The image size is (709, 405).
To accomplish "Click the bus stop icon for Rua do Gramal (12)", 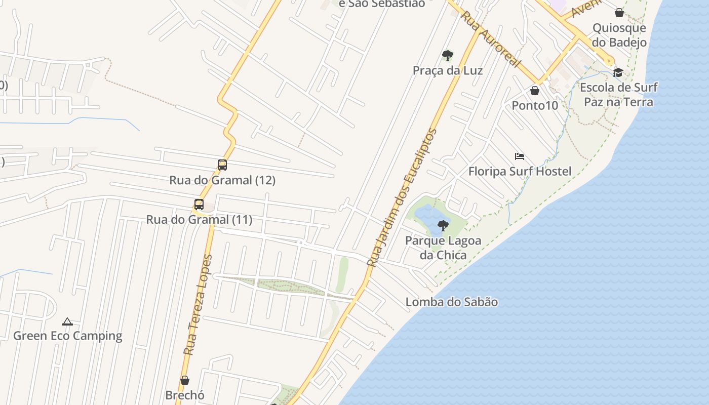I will tap(222, 165).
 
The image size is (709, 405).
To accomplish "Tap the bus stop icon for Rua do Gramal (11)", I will tap(199, 205).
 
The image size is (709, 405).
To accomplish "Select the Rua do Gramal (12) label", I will tap(222, 180).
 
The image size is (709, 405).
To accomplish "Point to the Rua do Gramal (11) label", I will tap(199, 220).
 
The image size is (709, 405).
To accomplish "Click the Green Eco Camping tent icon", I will tap(67, 321).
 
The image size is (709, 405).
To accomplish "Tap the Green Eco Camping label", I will tap(68, 336).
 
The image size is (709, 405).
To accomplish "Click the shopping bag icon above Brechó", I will tap(185, 380).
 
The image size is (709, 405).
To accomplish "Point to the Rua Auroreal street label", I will tap(491, 39).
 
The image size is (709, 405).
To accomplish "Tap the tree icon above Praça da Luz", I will tap(447, 55).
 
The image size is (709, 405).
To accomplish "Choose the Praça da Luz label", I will tap(448, 70).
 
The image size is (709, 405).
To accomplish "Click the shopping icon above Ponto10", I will tap(535, 91).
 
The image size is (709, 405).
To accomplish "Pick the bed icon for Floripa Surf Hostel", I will tap(519, 156).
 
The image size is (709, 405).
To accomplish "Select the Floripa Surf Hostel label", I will tap(520, 171).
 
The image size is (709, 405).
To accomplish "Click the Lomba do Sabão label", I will tap(452, 302).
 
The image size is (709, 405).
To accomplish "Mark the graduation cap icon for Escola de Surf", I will tap(618, 72).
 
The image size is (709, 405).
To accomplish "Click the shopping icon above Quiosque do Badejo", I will tap(619, 13).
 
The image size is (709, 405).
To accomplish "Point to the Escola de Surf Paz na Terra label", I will tap(619, 95).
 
